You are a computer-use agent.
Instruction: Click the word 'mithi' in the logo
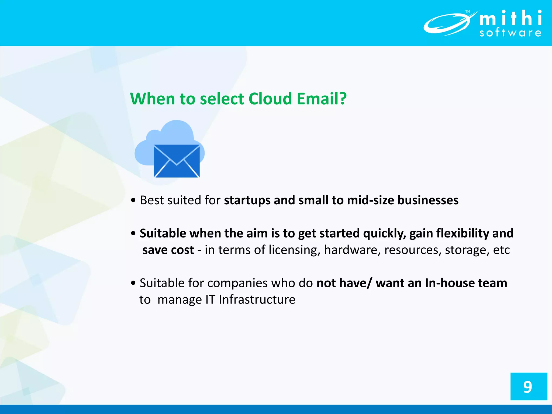(x=510, y=18)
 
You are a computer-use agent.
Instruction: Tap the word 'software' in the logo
(x=510, y=33)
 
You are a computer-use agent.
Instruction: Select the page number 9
(x=528, y=387)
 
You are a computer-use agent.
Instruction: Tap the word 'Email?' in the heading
(x=322, y=99)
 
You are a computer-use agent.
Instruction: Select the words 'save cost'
(x=168, y=250)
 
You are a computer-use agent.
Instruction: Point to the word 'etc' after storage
(x=501, y=250)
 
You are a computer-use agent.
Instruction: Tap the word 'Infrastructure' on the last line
(x=257, y=300)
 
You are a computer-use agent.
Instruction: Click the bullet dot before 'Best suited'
(x=133, y=201)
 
